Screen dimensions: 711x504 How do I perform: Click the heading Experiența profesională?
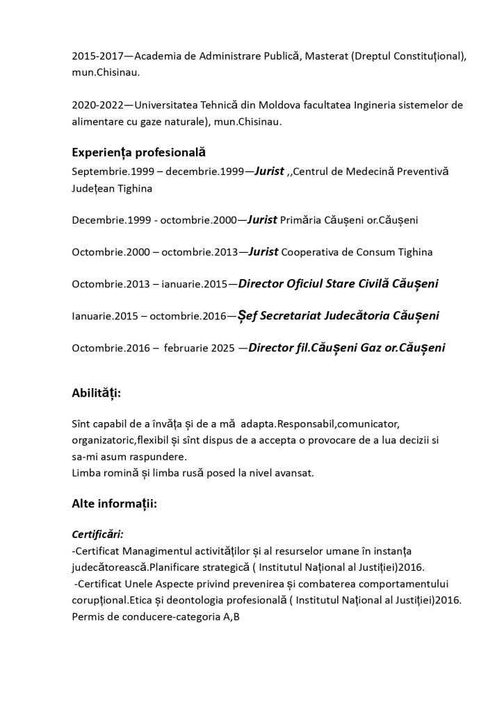pos(138,152)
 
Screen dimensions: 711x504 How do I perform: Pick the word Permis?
pos(88,614)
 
